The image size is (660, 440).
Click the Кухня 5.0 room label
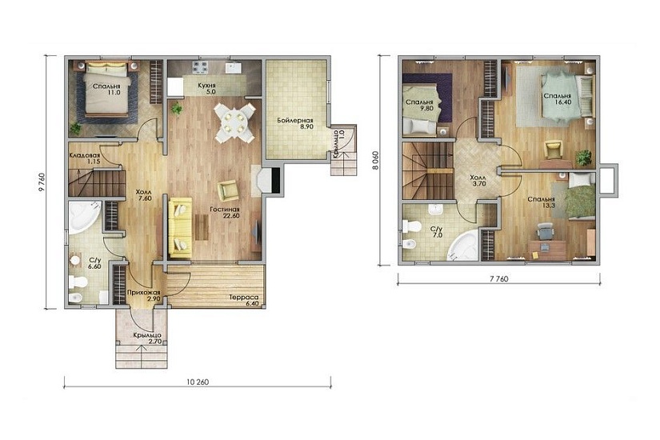206,88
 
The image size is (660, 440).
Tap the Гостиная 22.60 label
225,213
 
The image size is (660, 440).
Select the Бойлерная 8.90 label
295,123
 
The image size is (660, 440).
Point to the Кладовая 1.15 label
84,158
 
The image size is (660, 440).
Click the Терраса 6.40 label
244,301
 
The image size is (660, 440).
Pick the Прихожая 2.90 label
143,295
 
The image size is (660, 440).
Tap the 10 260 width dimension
198,382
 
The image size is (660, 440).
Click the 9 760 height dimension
42,182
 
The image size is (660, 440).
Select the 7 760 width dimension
498,278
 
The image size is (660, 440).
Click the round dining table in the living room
234,123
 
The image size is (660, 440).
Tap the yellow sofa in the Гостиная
181,228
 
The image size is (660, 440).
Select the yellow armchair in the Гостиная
228,190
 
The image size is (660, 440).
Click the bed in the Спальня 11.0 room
106,89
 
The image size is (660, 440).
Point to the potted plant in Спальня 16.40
583,157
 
